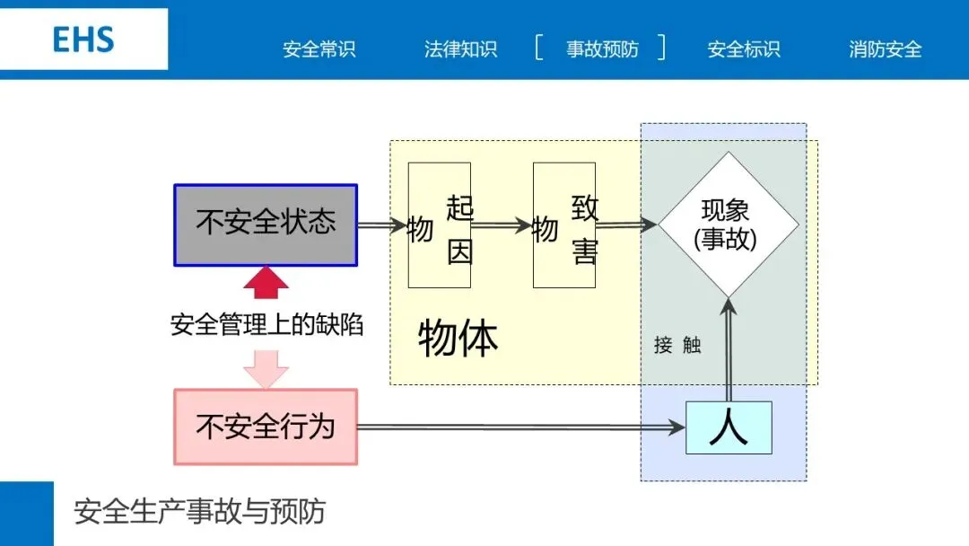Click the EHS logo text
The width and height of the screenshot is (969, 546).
click(x=83, y=40)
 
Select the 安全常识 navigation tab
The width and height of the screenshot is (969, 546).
click(x=319, y=49)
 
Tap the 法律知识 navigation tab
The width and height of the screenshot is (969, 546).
click(x=460, y=49)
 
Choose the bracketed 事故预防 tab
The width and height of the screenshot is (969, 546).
click(x=601, y=49)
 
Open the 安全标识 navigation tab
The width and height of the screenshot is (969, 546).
click(x=744, y=49)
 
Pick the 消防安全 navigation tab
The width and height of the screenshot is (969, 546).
click(x=885, y=49)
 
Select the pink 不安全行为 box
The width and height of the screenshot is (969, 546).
click(x=266, y=427)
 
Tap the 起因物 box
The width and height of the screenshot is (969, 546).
click(x=440, y=225)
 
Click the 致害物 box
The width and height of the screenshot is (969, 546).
click(x=564, y=225)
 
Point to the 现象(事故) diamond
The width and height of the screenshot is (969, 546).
click(x=728, y=225)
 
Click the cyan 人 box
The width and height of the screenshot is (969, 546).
click(x=729, y=427)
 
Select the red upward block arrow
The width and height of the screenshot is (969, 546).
click(x=266, y=283)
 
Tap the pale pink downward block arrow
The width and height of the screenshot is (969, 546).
click(x=266, y=368)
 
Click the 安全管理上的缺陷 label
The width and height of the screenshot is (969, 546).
click(x=267, y=324)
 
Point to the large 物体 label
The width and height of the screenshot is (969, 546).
click(x=458, y=339)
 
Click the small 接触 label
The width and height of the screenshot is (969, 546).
click(x=677, y=345)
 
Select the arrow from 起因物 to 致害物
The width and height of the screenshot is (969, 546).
click(x=502, y=226)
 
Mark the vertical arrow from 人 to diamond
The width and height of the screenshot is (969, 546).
click(x=729, y=350)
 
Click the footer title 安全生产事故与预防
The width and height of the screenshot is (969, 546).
click(x=199, y=512)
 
